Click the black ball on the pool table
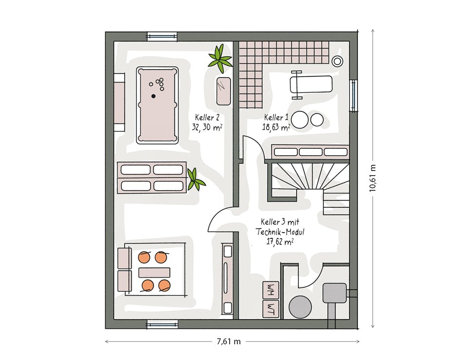(x=154, y=96)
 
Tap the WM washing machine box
(x=271, y=290)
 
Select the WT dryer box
(x=271, y=309)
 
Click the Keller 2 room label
(x=207, y=117)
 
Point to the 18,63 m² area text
(x=276, y=127)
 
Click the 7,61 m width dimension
(x=229, y=341)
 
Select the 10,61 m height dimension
(x=372, y=178)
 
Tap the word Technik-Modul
(x=280, y=232)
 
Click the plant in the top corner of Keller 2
(x=220, y=59)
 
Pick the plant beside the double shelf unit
(x=195, y=180)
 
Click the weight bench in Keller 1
(x=311, y=84)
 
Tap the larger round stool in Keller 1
(x=300, y=120)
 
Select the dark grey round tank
(x=300, y=307)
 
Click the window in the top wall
(x=162, y=36)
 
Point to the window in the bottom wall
(x=162, y=324)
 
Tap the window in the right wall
(x=354, y=95)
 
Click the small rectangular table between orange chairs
(x=155, y=273)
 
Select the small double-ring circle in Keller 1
(x=337, y=61)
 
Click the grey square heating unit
(x=335, y=293)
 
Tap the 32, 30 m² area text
(x=207, y=128)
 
